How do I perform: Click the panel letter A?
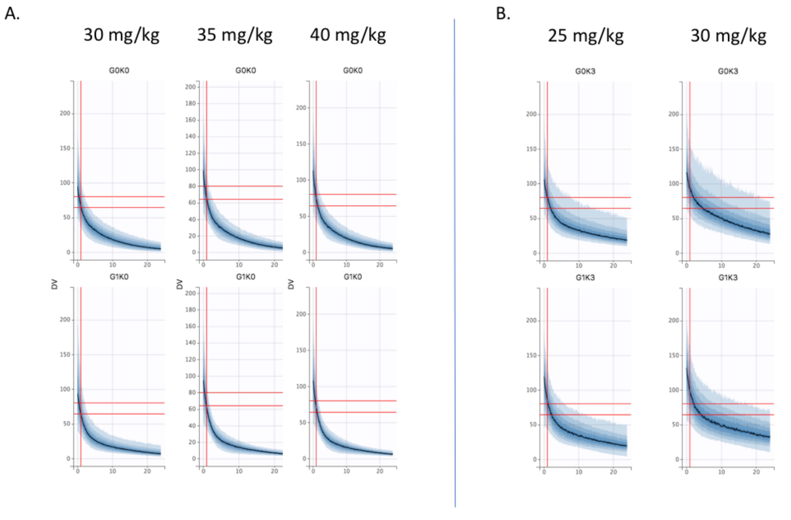[12, 14]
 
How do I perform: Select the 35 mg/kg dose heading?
[235, 35]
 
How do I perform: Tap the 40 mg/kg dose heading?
[348, 35]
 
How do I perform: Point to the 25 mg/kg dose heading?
[586, 36]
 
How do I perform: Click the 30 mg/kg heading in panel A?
[121, 35]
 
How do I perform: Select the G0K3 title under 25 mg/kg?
[585, 71]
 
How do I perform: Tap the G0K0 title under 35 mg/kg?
[246, 70]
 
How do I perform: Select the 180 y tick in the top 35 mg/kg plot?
[190, 103]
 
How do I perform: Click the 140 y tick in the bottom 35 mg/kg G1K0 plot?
[190, 343]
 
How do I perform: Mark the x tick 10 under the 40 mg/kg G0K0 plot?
[346, 265]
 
